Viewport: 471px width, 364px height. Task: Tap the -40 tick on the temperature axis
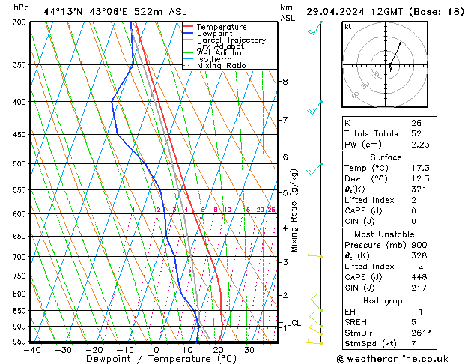click(31, 349)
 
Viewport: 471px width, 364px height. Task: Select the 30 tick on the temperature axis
click(249, 349)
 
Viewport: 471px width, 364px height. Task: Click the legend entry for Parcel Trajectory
click(231, 40)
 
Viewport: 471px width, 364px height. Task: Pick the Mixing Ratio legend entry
click(221, 65)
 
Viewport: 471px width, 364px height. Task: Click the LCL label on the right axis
click(294, 324)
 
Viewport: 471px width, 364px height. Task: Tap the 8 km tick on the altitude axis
click(285, 81)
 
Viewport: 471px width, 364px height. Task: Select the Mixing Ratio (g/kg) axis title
click(294, 210)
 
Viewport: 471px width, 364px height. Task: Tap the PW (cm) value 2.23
click(419, 145)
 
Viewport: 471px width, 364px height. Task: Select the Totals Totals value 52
click(416, 133)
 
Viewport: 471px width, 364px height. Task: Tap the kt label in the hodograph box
click(348, 26)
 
